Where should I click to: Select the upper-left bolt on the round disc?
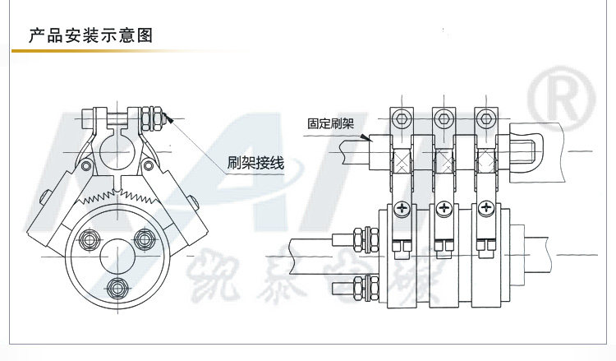pos(88,239)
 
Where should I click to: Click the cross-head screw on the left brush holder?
pos(402,211)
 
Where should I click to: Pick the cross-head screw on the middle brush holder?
pos(444,211)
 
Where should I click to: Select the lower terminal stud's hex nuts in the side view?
pos(356,288)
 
